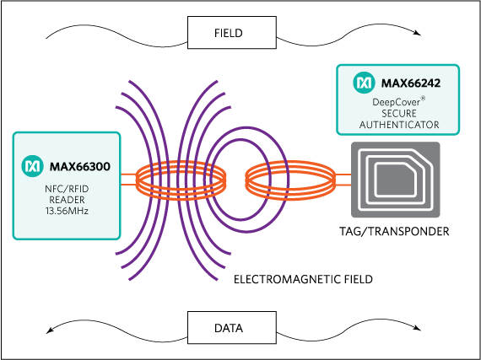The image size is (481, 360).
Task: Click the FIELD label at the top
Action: click(228, 34)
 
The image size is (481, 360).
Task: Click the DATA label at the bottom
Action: click(228, 327)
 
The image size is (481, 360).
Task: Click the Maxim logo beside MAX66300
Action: click(32, 165)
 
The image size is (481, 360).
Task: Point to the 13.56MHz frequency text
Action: click(66, 210)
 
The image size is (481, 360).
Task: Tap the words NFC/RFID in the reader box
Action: click(66, 185)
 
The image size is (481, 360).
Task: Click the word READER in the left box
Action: click(66, 198)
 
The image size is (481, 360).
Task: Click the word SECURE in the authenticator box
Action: click(399, 113)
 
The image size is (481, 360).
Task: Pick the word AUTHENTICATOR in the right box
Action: click(399, 125)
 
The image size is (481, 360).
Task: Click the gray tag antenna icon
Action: click(395, 181)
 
